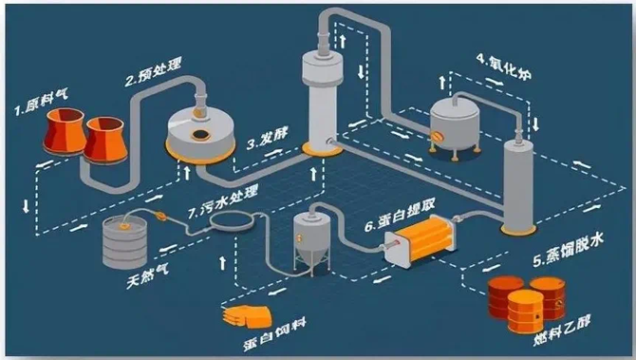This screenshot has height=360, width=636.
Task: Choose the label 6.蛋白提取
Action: click(x=398, y=226)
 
